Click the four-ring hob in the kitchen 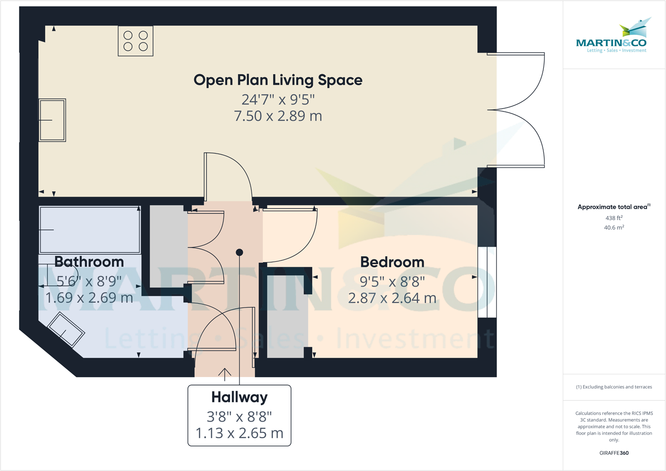(x=135, y=41)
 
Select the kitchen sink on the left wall (x=52, y=120)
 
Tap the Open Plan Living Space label (x=278, y=80)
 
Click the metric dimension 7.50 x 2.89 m (x=278, y=116)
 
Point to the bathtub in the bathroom (x=90, y=229)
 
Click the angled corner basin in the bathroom (x=66, y=330)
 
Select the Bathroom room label (x=89, y=262)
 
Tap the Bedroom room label (x=392, y=262)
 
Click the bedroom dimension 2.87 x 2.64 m (x=392, y=298)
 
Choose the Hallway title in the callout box (x=240, y=397)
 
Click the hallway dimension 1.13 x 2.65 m (x=240, y=433)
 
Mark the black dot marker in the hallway (x=240, y=252)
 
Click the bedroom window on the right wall (x=487, y=282)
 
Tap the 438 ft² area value (x=614, y=218)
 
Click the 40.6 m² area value (x=614, y=228)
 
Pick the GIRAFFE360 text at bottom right (x=614, y=453)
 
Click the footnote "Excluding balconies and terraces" (x=614, y=387)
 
